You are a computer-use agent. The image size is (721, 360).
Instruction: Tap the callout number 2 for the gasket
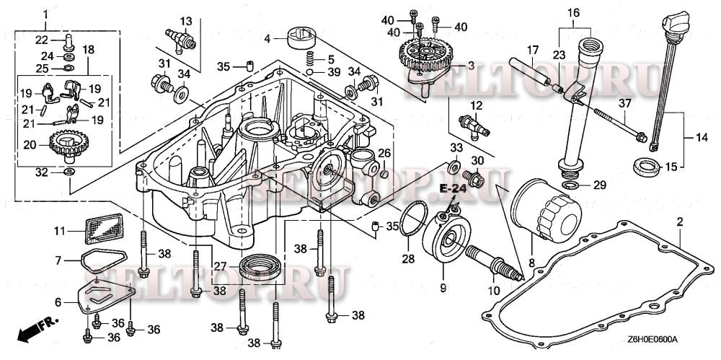pyautogui.click(x=679, y=221)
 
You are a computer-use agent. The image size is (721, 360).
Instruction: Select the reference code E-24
pyautogui.click(x=453, y=189)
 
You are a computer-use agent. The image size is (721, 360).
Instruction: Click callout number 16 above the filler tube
pyautogui.click(x=573, y=13)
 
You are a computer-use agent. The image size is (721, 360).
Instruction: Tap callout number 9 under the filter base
pyautogui.click(x=443, y=288)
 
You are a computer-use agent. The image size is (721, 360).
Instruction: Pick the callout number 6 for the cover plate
pyautogui.click(x=59, y=304)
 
